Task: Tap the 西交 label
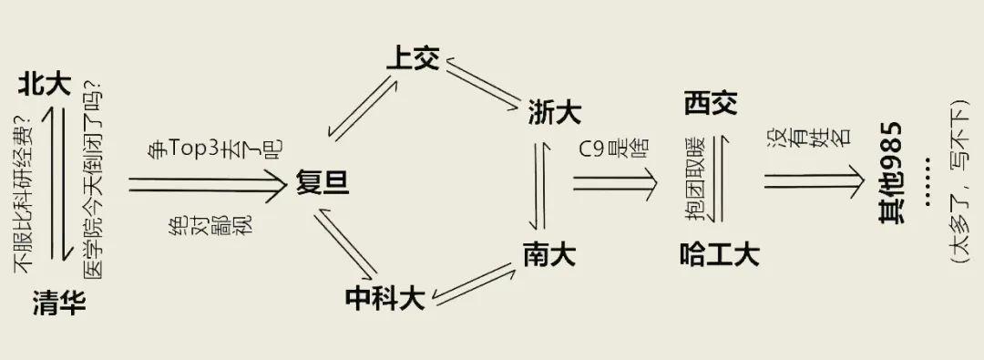coord(711,103)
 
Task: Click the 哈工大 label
coord(720,254)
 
